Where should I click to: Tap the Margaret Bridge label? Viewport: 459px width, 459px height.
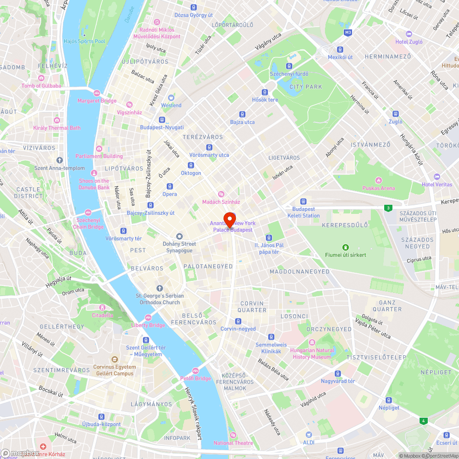(97, 101)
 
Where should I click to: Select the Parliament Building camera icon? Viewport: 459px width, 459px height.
(99, 148)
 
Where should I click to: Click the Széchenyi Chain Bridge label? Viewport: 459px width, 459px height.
(88, 224)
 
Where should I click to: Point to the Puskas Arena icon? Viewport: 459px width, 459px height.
(379, 180)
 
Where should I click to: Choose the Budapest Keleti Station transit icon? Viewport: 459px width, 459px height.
(303, 202)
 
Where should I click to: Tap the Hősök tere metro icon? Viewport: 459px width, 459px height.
(265, 92)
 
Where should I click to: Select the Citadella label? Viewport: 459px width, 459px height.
(102, 315)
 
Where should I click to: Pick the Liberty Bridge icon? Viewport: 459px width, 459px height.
(148, 318)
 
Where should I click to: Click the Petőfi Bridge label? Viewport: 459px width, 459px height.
(196, 378)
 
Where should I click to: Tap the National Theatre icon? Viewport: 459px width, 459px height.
(233, 435)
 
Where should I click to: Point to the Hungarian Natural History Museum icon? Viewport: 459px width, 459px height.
(312, 342)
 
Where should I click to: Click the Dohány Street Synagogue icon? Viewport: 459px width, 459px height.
(179, 236)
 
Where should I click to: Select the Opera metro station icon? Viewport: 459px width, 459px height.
(169, 186)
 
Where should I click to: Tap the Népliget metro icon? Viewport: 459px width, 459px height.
(389, 400)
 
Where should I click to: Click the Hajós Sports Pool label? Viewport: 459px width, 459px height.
(85, 41)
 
